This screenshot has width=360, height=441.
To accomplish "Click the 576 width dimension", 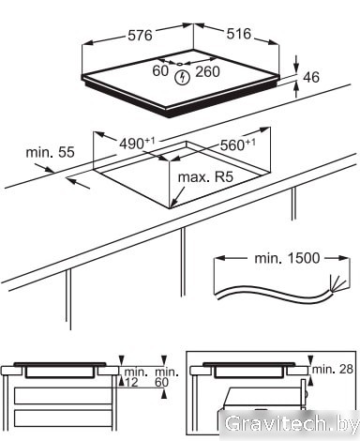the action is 140,35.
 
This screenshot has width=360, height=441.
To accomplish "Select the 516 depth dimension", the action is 239,34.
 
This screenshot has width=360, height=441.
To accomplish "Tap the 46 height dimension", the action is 311,77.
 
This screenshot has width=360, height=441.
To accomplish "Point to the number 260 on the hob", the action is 208,71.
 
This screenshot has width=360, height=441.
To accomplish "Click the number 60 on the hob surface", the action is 160,70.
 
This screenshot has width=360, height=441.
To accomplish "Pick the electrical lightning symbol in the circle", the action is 182,78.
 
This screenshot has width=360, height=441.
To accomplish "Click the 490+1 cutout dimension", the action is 138,144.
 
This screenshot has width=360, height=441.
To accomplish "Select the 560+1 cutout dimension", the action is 238,144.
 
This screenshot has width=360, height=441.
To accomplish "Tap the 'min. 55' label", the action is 51,152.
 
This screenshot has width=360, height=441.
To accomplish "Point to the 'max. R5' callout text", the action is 205,177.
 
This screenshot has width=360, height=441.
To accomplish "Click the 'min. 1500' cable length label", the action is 287,258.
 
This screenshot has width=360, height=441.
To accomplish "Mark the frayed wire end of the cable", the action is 337,283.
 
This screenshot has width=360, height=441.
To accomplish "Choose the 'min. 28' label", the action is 333,369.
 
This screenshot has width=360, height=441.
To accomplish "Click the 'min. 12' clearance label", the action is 136,376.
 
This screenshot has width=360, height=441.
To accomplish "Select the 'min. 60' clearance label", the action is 167,376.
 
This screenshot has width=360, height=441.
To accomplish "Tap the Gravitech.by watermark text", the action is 292,425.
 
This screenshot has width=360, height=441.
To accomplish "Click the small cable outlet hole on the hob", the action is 180,64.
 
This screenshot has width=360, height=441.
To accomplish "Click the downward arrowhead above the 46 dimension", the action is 296,68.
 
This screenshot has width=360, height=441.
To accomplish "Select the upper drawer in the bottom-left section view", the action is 62,396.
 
